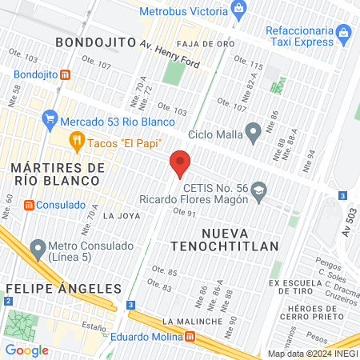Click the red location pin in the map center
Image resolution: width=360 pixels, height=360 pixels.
(x=180, y=163)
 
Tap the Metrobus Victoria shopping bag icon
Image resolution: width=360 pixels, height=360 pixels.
(x=238, y=10)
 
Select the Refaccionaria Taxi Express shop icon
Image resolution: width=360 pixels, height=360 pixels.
(x=343, y=33)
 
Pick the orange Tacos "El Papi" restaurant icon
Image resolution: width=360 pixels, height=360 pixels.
(x=77, y=142)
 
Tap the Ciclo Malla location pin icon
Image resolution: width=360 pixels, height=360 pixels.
(x=254, y=131)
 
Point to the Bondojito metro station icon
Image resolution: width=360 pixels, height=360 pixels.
(x=66, y=74)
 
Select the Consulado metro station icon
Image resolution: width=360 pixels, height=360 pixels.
(x=29, y=205)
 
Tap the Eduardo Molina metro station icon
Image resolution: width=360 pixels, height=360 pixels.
(x=190, y=337)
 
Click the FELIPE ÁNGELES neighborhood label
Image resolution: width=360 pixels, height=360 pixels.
(x=63, y=288)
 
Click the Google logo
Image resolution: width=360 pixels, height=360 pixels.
(x=26, y=350)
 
